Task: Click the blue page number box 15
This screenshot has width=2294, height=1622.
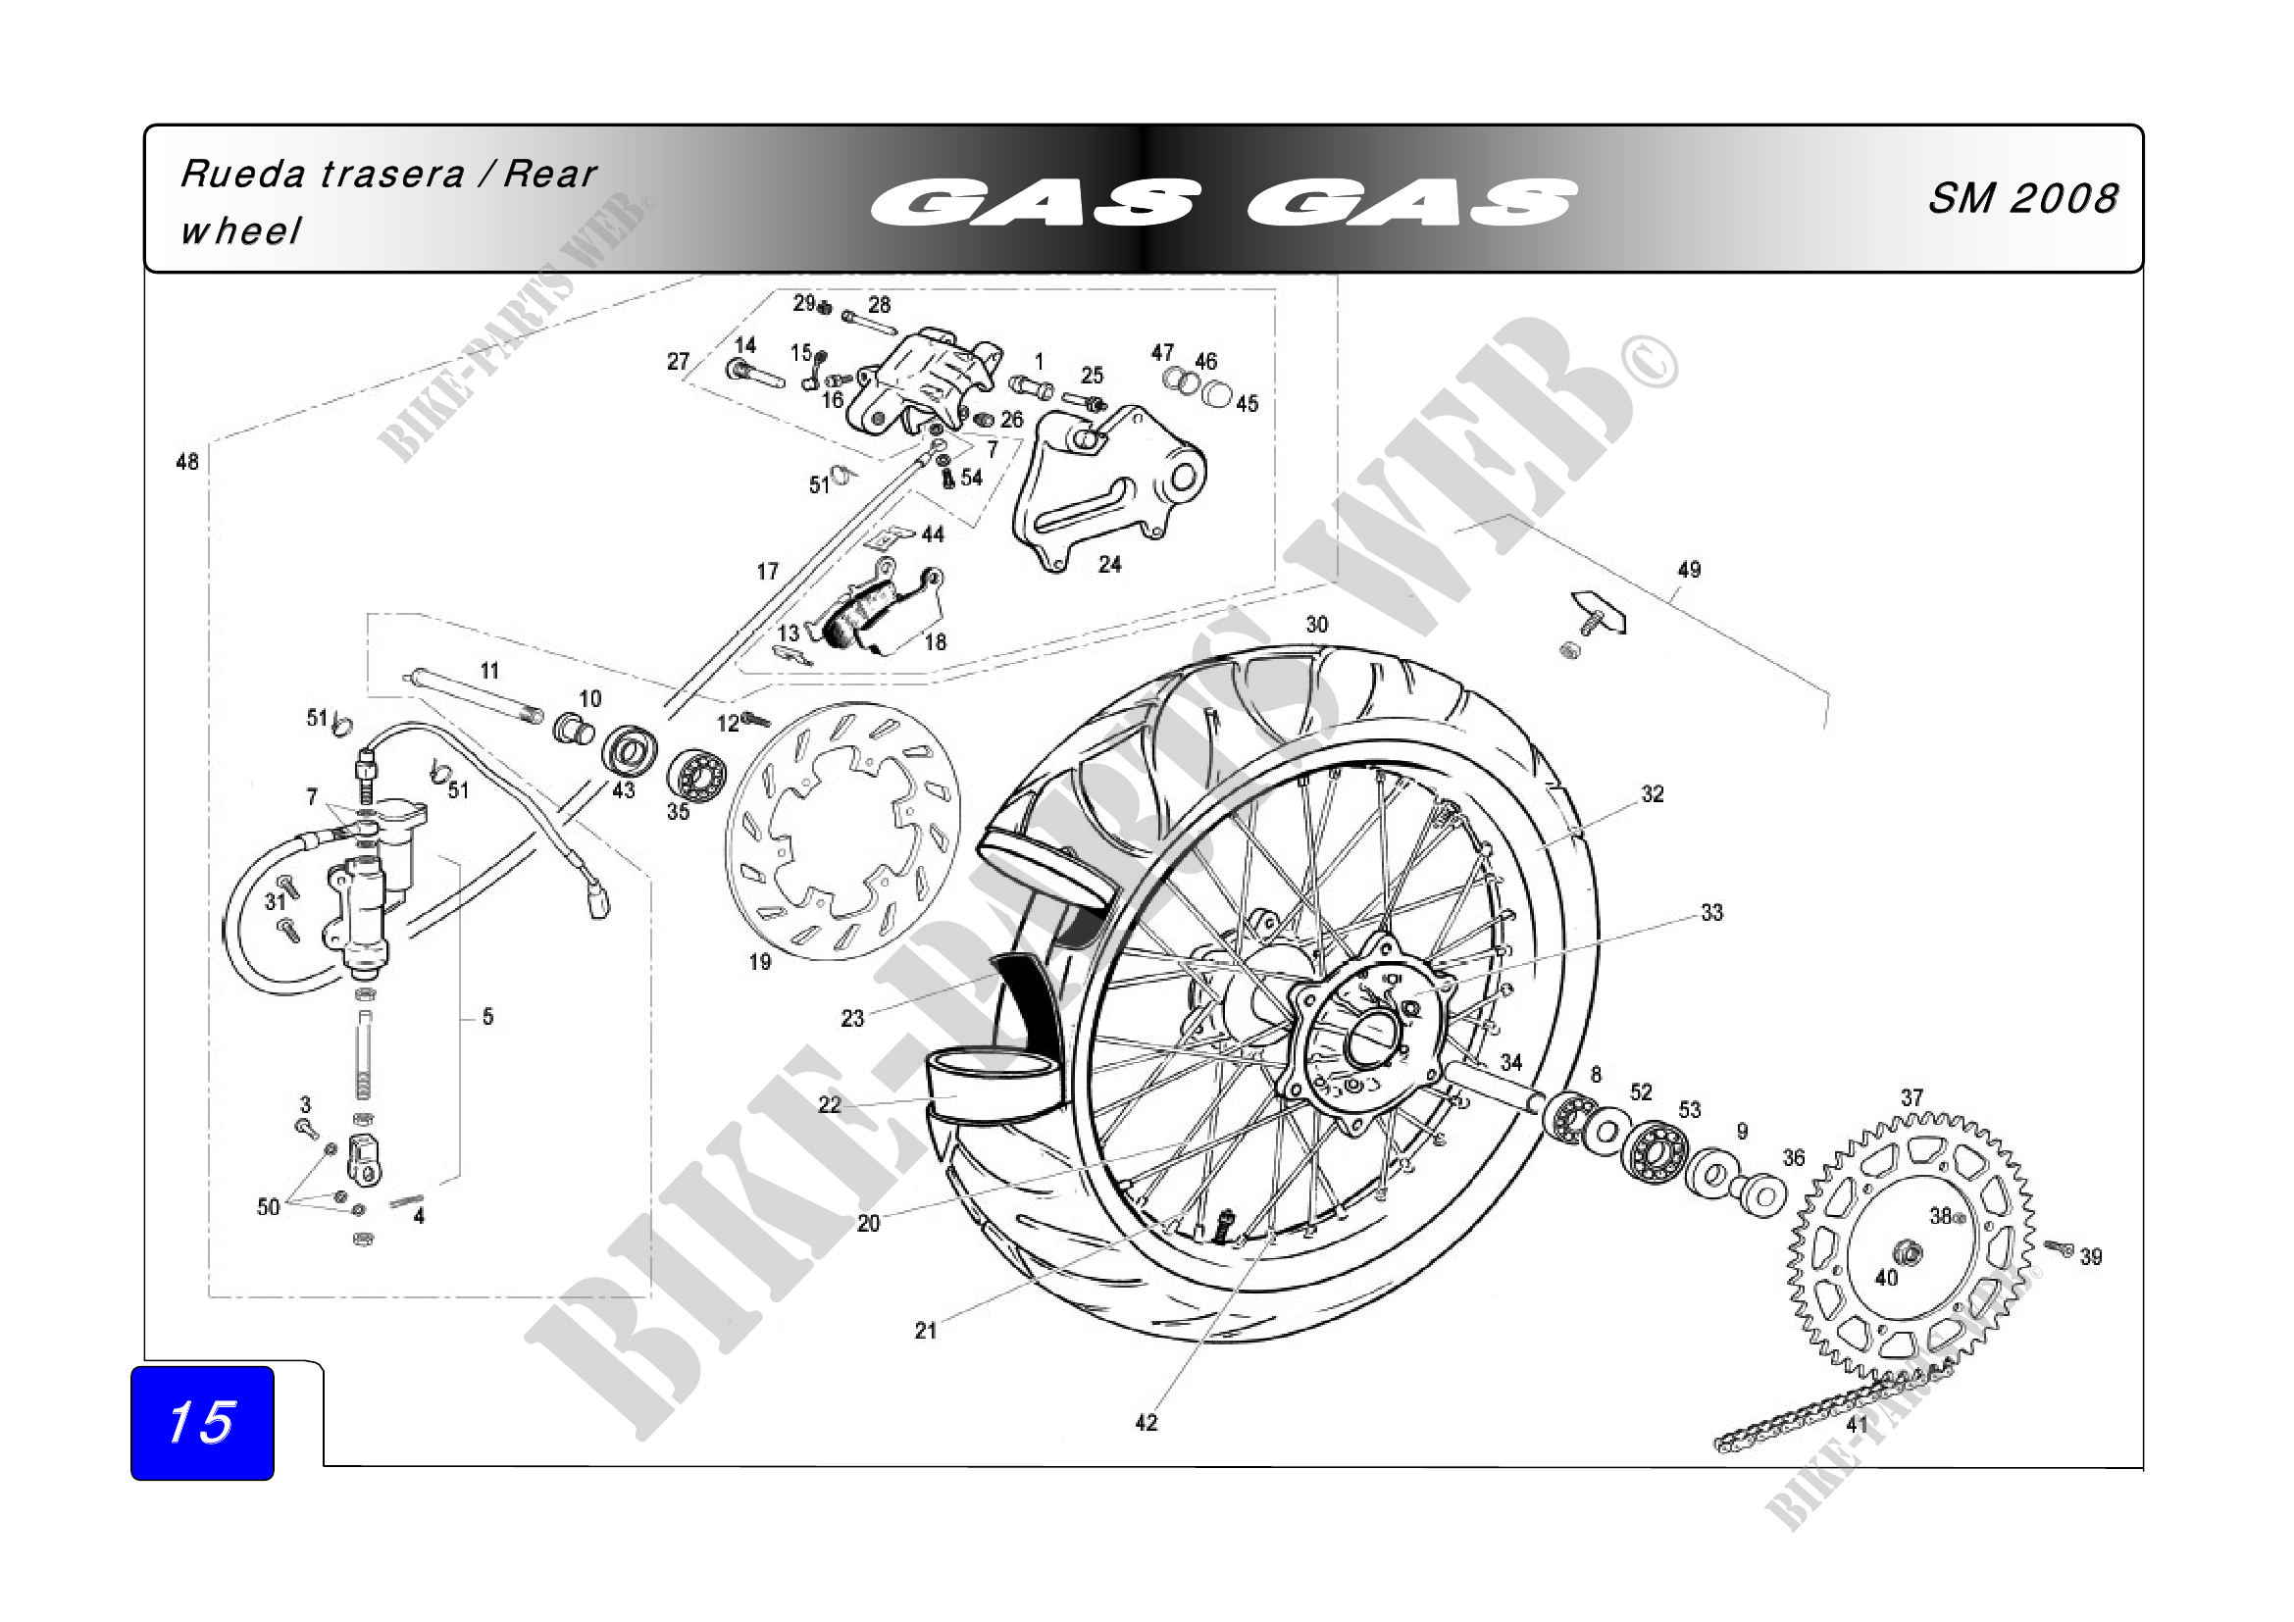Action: (x=202, y=1422)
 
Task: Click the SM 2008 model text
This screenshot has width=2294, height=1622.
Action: (x=2021, y=199)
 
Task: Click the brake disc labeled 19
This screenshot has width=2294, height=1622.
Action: (x=841, y=831)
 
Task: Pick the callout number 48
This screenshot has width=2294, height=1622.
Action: (x=187, y=462)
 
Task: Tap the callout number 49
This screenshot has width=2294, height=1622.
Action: (x=1689, y=570)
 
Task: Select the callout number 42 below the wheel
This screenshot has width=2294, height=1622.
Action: (x=1146, y=1422)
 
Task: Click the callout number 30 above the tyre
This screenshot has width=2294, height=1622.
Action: (x=1317, y=625)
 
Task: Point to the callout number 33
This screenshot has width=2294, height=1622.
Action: (x=1711, y=912)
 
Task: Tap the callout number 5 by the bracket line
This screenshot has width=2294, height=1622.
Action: (x=487, y=1017)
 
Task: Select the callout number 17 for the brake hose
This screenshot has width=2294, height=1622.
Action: (x=767, y=572)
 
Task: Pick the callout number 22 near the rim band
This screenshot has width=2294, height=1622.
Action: (x=830, y=1103)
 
